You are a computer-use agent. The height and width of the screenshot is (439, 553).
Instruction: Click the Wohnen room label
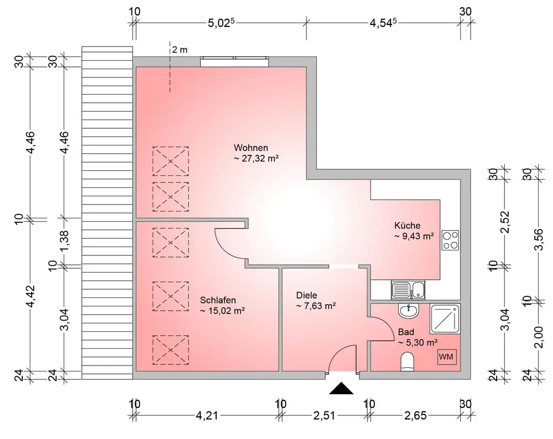[x=251, y=148]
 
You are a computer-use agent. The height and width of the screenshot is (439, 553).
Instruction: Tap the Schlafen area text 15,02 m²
[x=222, y=311]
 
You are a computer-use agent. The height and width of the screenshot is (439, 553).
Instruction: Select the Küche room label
[x=408, y=226]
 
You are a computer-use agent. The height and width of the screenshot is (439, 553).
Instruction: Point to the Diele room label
[x=307, y=295]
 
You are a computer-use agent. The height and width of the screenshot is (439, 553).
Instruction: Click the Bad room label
[x=406, y=332]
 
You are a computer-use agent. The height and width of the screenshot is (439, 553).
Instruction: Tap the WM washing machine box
[x=446, y=357]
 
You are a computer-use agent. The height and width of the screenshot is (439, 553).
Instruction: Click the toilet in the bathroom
[x=407, y=363]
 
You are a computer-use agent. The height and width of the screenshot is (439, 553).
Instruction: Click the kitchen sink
[x=408, y=289]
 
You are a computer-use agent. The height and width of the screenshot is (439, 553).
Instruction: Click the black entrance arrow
[x=341, y=389]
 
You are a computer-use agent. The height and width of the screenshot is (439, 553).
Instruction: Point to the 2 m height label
[x=180, y=50]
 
